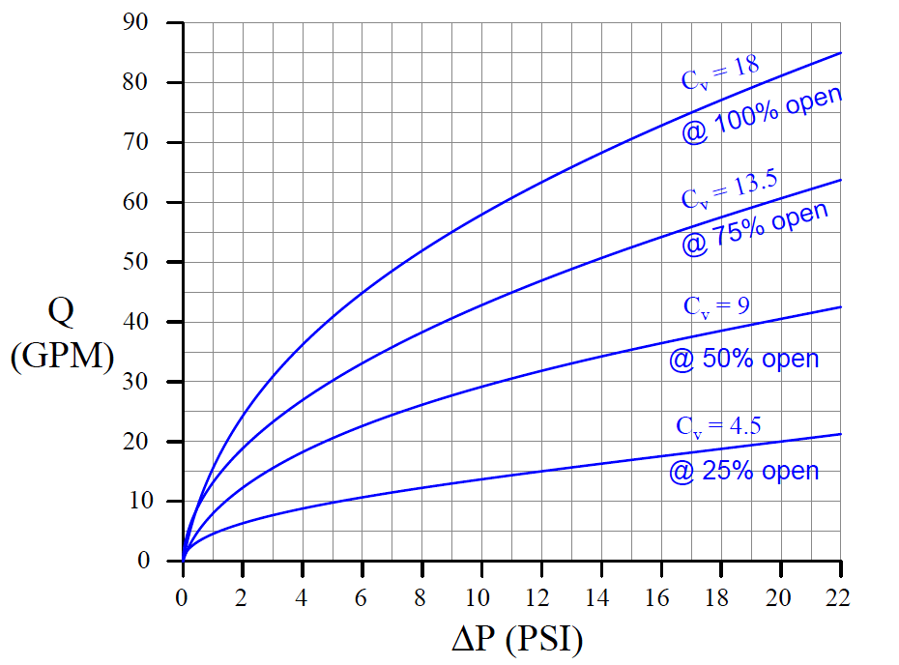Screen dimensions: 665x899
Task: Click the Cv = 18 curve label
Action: [720, 73]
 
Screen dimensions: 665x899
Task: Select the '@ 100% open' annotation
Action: [762, 115]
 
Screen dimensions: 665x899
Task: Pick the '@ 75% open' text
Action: [755, 230]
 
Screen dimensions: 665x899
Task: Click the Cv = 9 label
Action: [716, 306]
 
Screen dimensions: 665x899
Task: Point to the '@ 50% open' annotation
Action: [743, 360]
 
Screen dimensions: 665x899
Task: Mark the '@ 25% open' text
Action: [743, 472]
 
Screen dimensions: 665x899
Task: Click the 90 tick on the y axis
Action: [146, 23]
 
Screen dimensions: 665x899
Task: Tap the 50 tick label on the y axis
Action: [146, 262]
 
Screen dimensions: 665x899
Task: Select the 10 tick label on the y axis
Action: [146, 501]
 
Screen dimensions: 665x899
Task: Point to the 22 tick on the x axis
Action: [838, 598]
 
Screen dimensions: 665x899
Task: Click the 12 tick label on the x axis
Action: [540, 598]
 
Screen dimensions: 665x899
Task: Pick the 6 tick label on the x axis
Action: [362, 598]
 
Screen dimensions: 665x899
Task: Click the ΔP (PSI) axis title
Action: [517, 638]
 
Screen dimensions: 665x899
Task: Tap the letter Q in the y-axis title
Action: [60, 312]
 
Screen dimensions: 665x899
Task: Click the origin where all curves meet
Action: [183, 561]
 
